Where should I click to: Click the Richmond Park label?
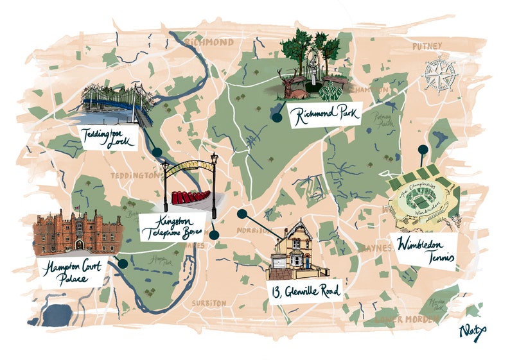tap(325, 116)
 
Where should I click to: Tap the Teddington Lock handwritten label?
tap(107, 138)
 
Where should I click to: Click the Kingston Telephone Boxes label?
tap(171, 227)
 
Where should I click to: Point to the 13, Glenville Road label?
tap(304, 291)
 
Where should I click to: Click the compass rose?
tap(439, 74)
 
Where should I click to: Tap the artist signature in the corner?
tap(472, 332)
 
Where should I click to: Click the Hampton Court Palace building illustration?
tap(77, 232)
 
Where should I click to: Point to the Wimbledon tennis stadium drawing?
tap(423, 199)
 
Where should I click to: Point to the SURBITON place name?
tap(209, 302)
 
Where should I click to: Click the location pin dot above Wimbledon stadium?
tap(422, 150)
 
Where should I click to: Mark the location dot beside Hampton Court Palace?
tap(122, 262)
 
